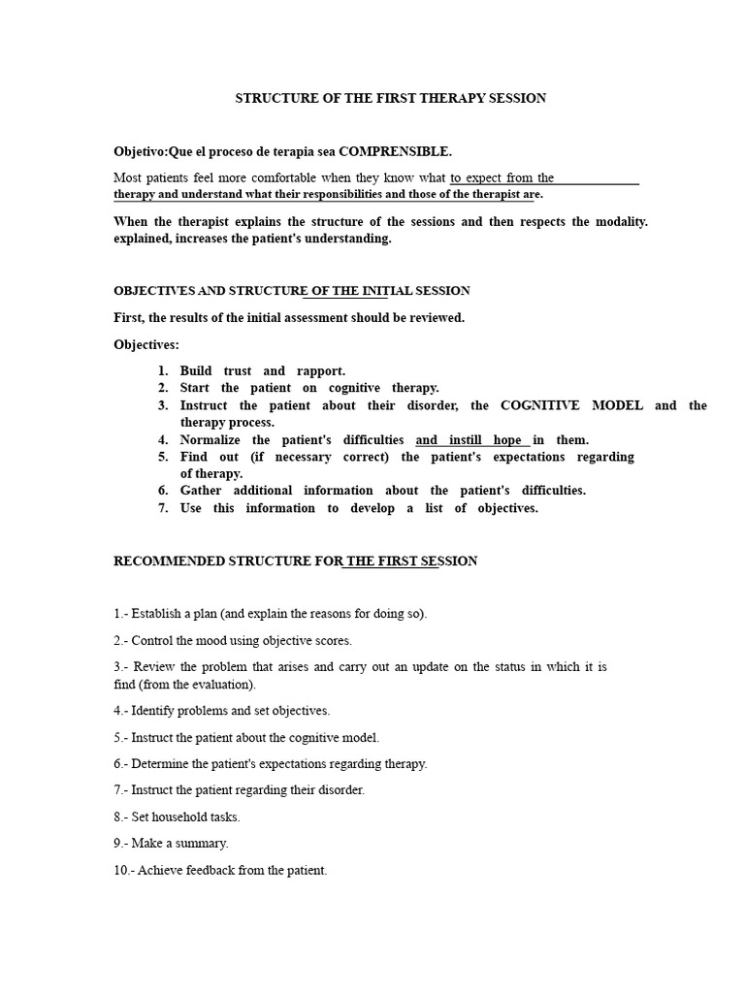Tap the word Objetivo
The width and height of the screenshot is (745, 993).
(140, 151)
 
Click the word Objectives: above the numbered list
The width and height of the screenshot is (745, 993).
(146, 344)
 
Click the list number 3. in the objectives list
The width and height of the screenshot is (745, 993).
(164, 405)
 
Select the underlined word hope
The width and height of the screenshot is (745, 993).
(507, 439)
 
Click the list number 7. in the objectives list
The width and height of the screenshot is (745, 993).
(164, 507)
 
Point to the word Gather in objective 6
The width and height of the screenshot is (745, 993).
(200, 490)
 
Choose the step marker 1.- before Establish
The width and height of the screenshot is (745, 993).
(121, 613)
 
